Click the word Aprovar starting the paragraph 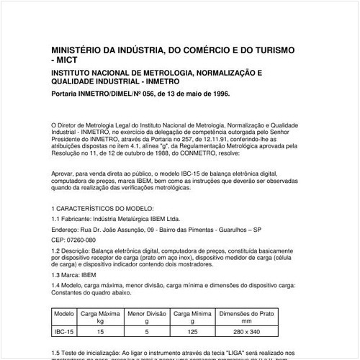coord(64,174)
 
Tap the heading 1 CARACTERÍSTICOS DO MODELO coord(98,207)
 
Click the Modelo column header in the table coord(64,315)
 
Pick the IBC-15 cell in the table coord(64,332)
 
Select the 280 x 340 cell coord(248,332)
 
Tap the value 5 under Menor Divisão coord(147,332)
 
